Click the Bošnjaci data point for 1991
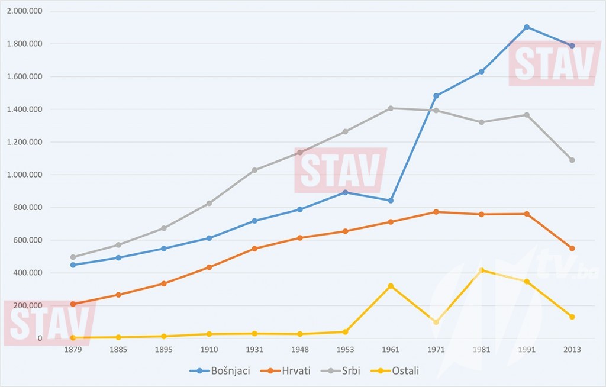[527, 27]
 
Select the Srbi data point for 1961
[391, 108]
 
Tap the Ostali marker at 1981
[482, 270]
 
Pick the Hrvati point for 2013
[572, 249]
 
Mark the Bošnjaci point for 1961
[391, 201]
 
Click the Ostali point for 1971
[436, 322]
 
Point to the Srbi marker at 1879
[73, 257]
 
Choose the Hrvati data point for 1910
[209, 267]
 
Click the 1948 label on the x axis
[300, 350]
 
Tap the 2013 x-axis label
[572, 350]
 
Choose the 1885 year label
[118, 350]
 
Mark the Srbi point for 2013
[572, 160]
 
